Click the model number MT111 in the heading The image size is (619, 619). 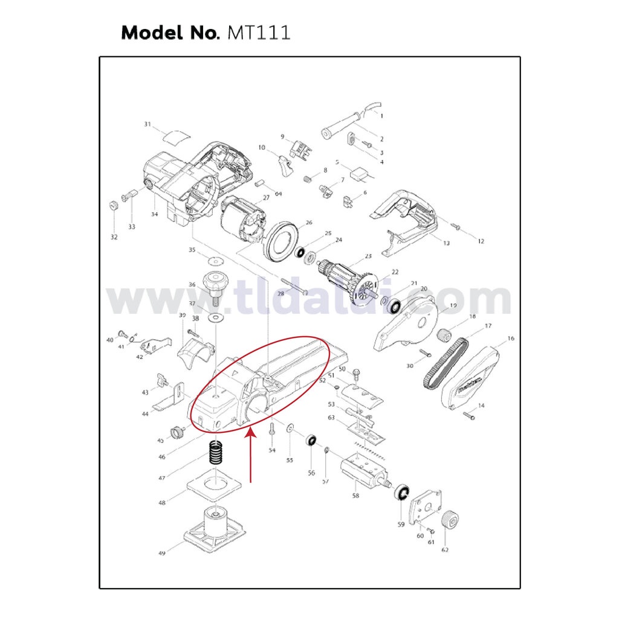[x=258, y=32]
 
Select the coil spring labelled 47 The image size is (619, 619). [x=217, y=453]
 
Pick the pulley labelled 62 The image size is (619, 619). [x=449, y=520]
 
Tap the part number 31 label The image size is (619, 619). [x=147, y=125]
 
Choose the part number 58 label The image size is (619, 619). [x=355, y=496]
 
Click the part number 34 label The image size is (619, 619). [x=155, y=214]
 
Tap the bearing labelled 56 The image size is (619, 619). [x=313, y=440]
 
